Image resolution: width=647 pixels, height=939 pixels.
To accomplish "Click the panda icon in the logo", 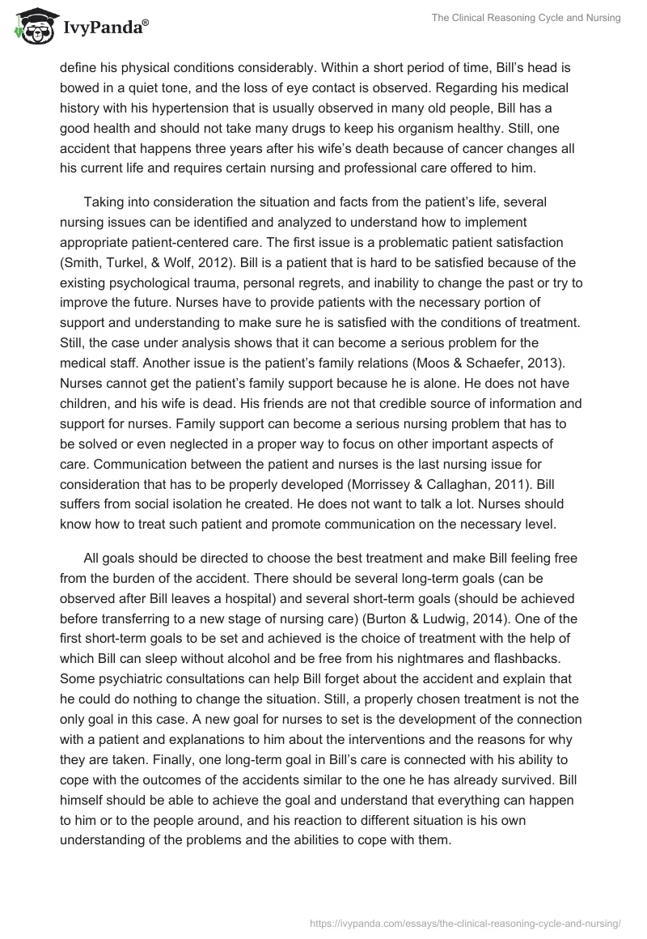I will [x=31, y=27].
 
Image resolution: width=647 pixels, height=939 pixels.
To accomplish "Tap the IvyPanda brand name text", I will [x=104, y=28].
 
